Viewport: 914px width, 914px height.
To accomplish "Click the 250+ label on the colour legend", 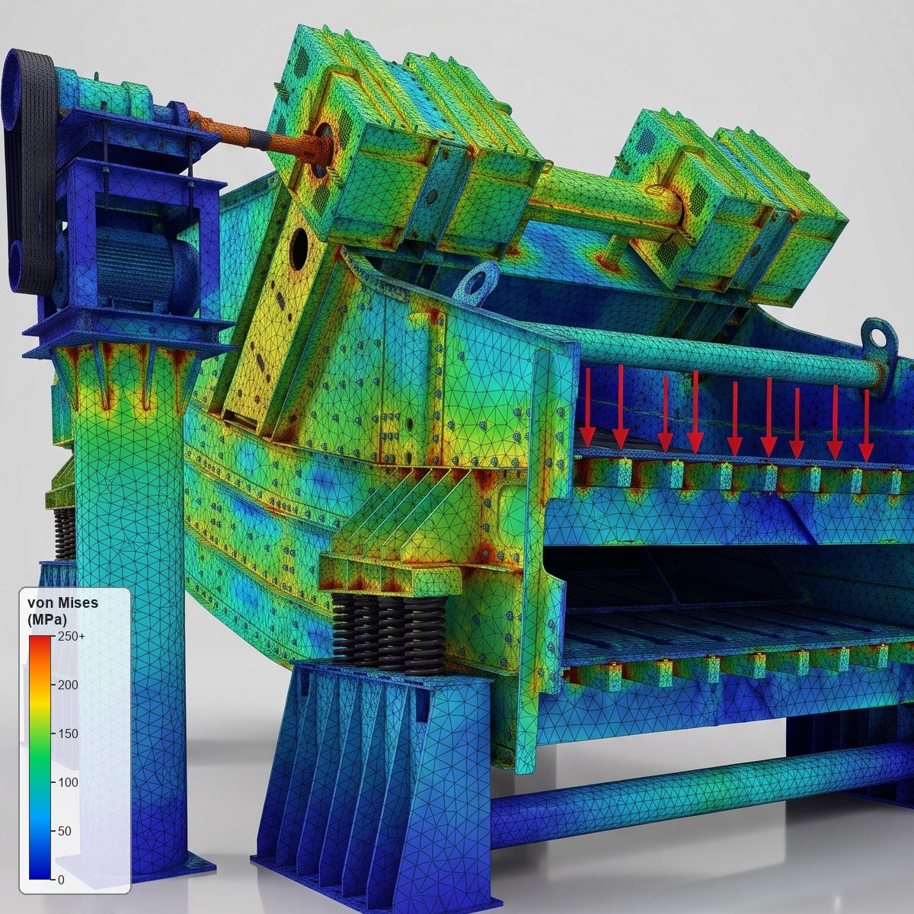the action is point(72,636).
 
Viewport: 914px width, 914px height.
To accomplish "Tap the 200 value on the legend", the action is point(68,685).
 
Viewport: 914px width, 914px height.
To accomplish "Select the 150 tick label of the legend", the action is point(68,733).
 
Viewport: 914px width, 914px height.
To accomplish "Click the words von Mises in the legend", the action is point(62,602).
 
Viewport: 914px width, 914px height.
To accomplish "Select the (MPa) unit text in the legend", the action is point(47,619).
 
